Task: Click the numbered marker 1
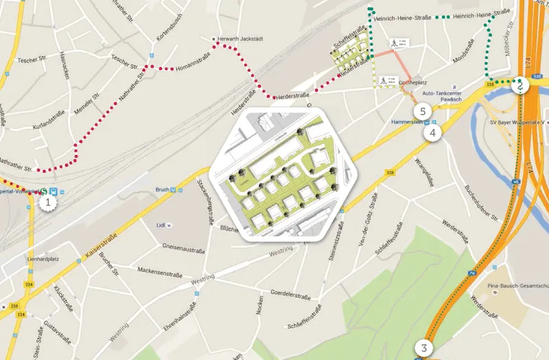47,202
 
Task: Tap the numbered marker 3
425,348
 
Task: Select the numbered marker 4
432,132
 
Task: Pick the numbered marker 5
423,110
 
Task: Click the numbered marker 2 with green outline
521,86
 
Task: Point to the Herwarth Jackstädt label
240,39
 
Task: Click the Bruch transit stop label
161,191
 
